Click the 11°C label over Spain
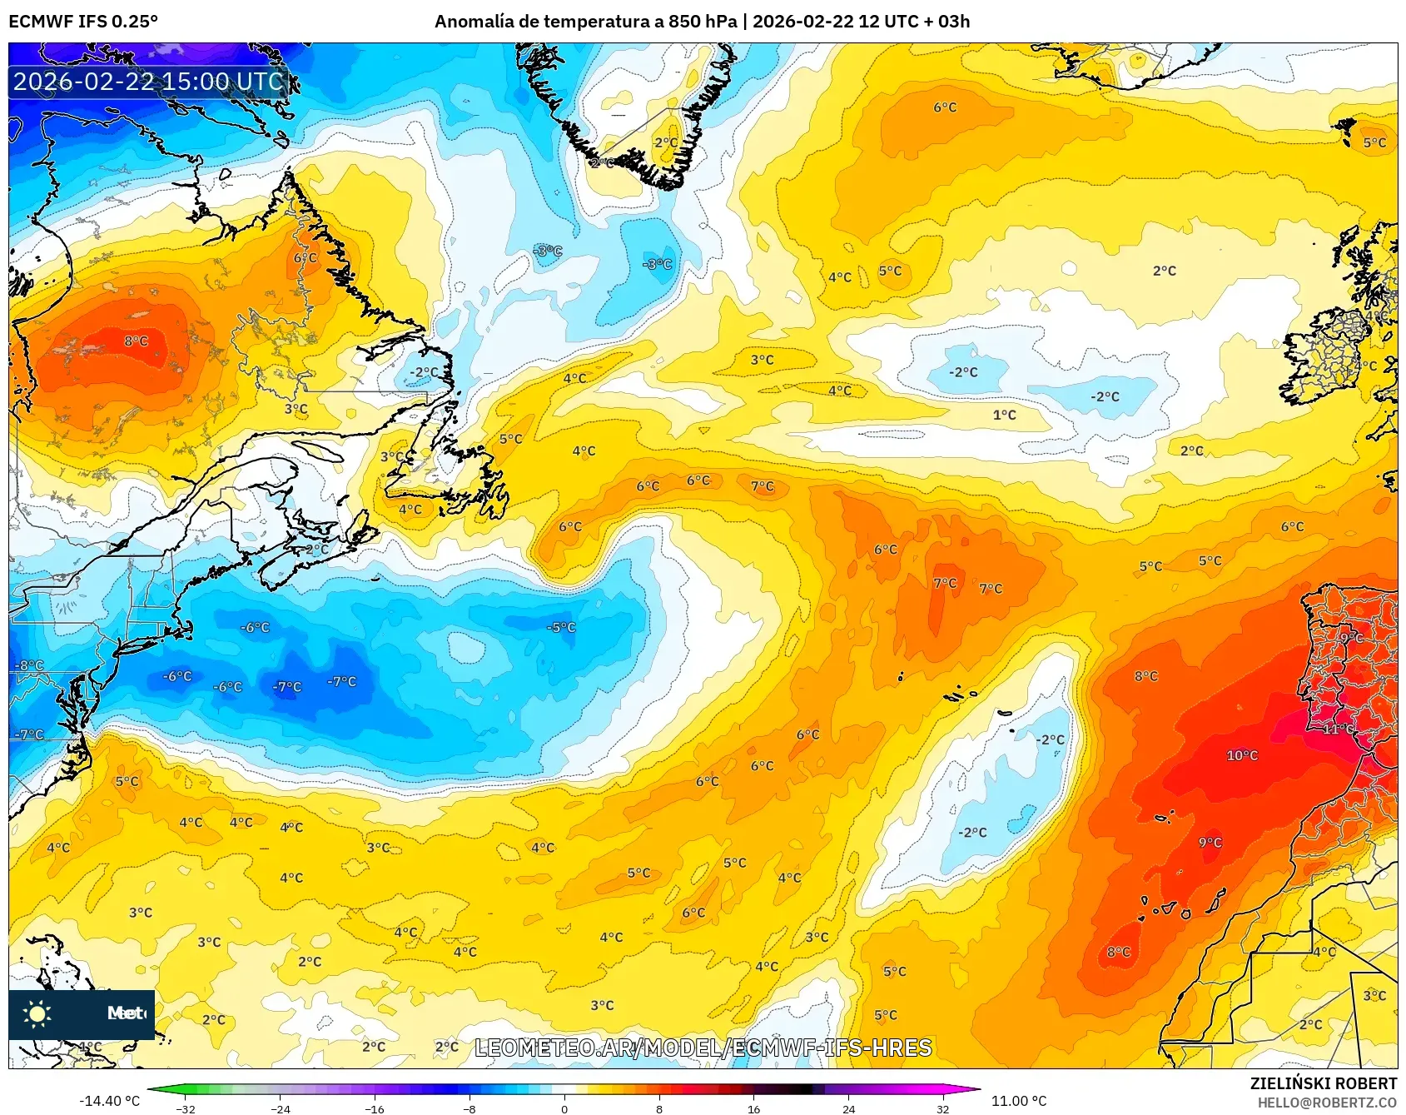click(x=1339, y=729)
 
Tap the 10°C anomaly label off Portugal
click(x=1242, y=755)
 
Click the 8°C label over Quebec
click(x=136, y=341)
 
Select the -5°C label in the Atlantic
click(x=561, y=627)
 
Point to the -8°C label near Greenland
click(x=657, y=264)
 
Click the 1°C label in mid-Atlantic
click(x=1004, y=415)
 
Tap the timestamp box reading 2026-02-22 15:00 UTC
click(x=148, y=82)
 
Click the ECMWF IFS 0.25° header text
click(x=83, y=22)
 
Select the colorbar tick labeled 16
click(x=753, y=1108)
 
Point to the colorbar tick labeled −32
click(x=186, y=1108)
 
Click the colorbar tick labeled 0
click(x=564, y=1108)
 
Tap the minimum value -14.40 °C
click(x=109, y=1101)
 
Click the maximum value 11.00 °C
click(x=1019, y=1101)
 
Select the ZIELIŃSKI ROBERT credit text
click(x=1323, y=1083)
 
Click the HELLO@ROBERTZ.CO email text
click(x=1327, y=1103)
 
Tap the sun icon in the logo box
click(x=37, y=1013)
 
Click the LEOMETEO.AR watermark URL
click(x=703, y=1048)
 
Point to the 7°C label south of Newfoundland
click(x=762, y=486)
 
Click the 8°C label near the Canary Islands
click(x=1118, y=952)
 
